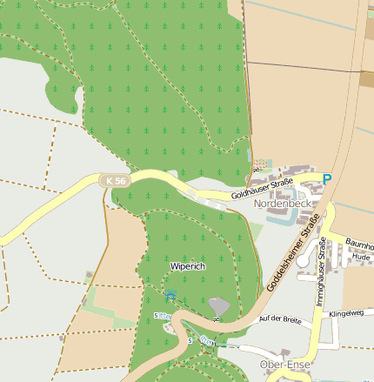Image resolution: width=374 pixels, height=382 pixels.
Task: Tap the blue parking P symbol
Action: click(x=327, y=179)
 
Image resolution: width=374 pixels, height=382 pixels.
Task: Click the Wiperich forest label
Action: click(x=188, y=266)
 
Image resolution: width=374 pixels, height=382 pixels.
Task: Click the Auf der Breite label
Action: click(x=280, y=319)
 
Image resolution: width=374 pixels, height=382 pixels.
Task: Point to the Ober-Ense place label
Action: click(x=284, y=365)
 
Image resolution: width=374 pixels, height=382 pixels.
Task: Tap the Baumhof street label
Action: click(x=358, y=245)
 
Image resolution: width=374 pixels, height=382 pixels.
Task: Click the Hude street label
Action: click(x=361, y=258)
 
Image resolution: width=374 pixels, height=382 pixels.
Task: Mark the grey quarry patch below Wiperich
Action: click(x=219, y=306)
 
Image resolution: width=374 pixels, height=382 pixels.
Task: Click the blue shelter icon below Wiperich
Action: click(x=170, y=296)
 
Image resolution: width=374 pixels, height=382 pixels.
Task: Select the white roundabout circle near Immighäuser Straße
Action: click(x=302, y=261)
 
